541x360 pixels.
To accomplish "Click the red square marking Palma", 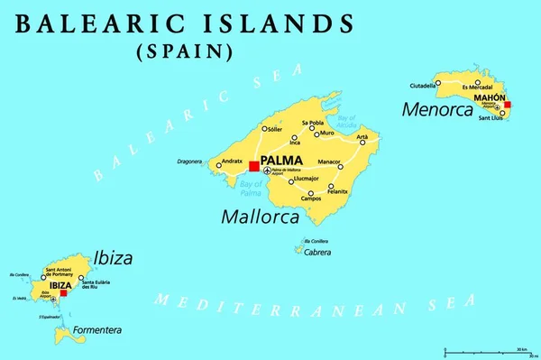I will (x=254, y=166).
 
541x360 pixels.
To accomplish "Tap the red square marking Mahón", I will (x=507, y=105).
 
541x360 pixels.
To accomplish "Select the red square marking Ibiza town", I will (x=63, y=292).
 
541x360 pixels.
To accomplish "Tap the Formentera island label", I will (x=96, y=330).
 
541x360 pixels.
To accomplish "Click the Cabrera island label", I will (x=317, y=253).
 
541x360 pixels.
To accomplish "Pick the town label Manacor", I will (x=329, y=162).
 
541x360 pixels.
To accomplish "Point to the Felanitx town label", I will (x=338, y=191).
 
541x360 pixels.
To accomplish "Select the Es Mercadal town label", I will (x=478, y=87).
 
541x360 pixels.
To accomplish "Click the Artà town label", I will (x=362, y=137).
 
